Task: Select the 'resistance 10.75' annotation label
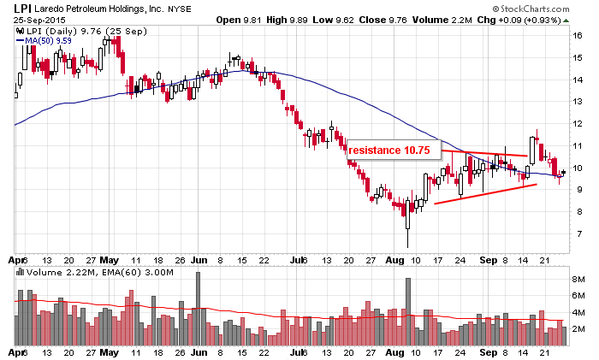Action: click(389, 150)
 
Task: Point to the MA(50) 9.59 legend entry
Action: click(49, 39)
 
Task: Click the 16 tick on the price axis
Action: click(578, 36)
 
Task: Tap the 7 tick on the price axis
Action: click(578, 233)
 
